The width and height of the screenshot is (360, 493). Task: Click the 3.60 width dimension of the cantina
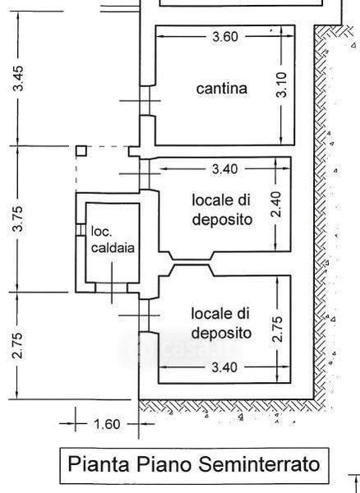coord(225,37)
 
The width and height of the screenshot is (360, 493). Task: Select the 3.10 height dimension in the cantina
coord(282,85)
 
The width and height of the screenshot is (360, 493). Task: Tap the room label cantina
coord(222,89)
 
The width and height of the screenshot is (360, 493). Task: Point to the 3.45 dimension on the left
coord(17,78)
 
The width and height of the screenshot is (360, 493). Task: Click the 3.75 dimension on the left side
coord(17,219)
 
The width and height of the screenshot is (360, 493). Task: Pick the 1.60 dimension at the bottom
coord(107,424)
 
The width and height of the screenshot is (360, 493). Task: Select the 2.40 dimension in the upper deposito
coord(275,205)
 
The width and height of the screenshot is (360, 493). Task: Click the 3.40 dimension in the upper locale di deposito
coord(225,169)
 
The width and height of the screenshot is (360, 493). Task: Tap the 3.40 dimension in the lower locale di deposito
coord(224,367)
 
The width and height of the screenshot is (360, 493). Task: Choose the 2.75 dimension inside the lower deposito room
coord(277,329)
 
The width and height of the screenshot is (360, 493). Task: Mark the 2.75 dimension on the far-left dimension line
coord(17,345)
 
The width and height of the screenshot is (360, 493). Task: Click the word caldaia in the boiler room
coord(113,248)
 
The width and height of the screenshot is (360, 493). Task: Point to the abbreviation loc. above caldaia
coord(102,232)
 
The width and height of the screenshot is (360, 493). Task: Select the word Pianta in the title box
coord(99,463)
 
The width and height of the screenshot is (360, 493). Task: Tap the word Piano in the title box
coord(164,464)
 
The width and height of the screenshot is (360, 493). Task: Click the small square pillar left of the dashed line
coord(81,151)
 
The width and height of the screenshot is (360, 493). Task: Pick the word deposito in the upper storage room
coord(222,219)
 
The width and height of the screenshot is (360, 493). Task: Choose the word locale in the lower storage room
coord(209,314)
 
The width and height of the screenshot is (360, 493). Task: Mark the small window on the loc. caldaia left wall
coord(81,229)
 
